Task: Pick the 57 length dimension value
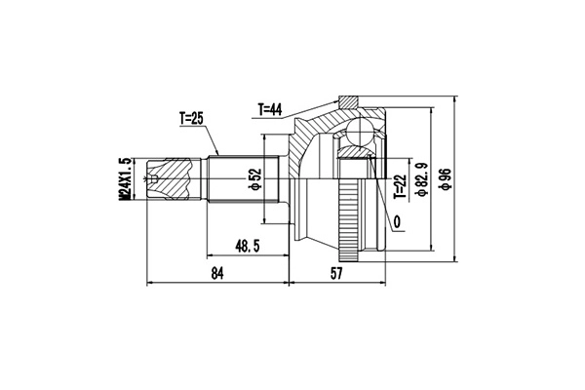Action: tap(335, 275)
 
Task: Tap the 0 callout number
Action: tap(398, 220)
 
